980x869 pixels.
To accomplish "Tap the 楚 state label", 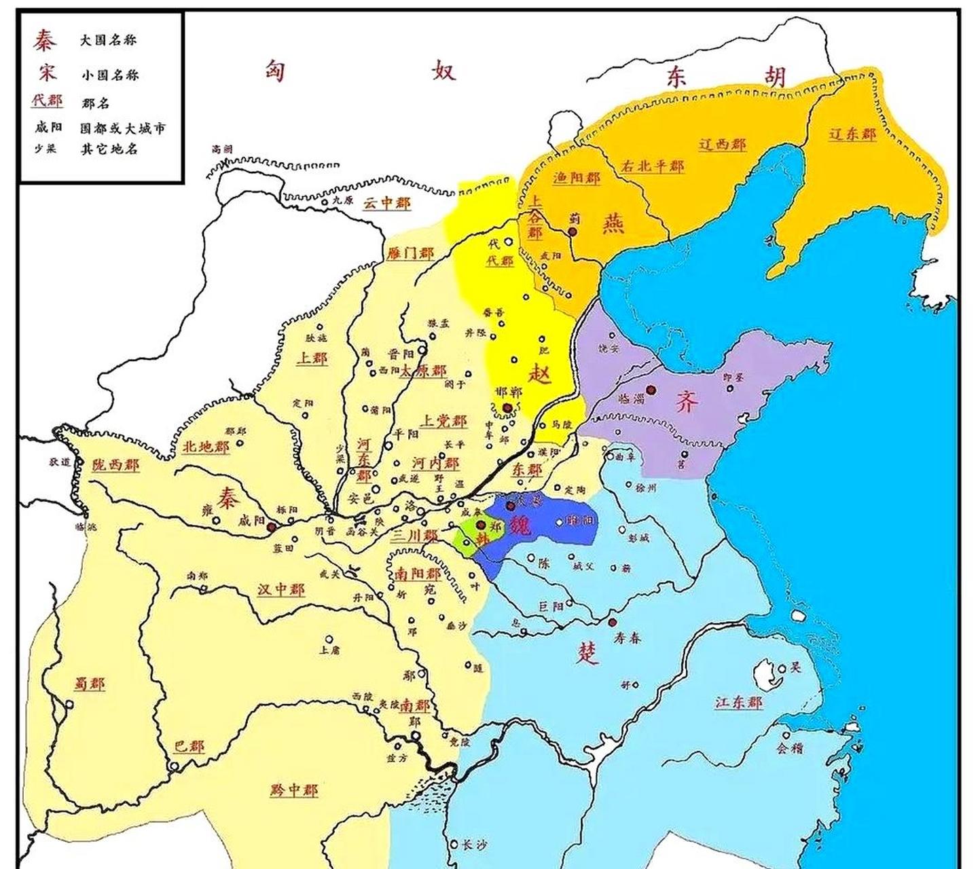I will click(x=588, y=653).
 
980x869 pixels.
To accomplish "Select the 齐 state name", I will click(x=687, y=402).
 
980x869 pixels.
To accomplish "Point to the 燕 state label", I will click(x=613, y=223).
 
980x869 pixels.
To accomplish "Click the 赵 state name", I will click(x=541, y=374).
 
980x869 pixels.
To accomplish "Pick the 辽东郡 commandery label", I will click(x=852, y=134).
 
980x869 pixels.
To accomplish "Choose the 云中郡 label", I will click(x=386, y=202).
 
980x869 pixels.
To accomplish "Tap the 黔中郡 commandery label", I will click(x=293, y=790).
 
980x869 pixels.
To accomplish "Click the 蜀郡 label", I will click(x=89, y=684).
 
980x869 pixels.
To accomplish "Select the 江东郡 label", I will click(x=738, y=702).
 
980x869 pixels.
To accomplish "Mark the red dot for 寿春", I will click(x=613, y=623).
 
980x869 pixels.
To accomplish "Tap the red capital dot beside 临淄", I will click(x=651, y=390).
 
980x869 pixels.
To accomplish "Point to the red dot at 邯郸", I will click(x=507, y=407).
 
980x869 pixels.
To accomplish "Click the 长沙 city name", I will click(x=474, y=846).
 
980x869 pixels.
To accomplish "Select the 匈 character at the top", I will click(x=274, y=71).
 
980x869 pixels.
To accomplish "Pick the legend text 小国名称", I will click(x=109, y=75).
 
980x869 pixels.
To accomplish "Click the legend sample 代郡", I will click(x=47, y=101).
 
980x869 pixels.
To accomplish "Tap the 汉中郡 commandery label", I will click(x=280, y=589).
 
